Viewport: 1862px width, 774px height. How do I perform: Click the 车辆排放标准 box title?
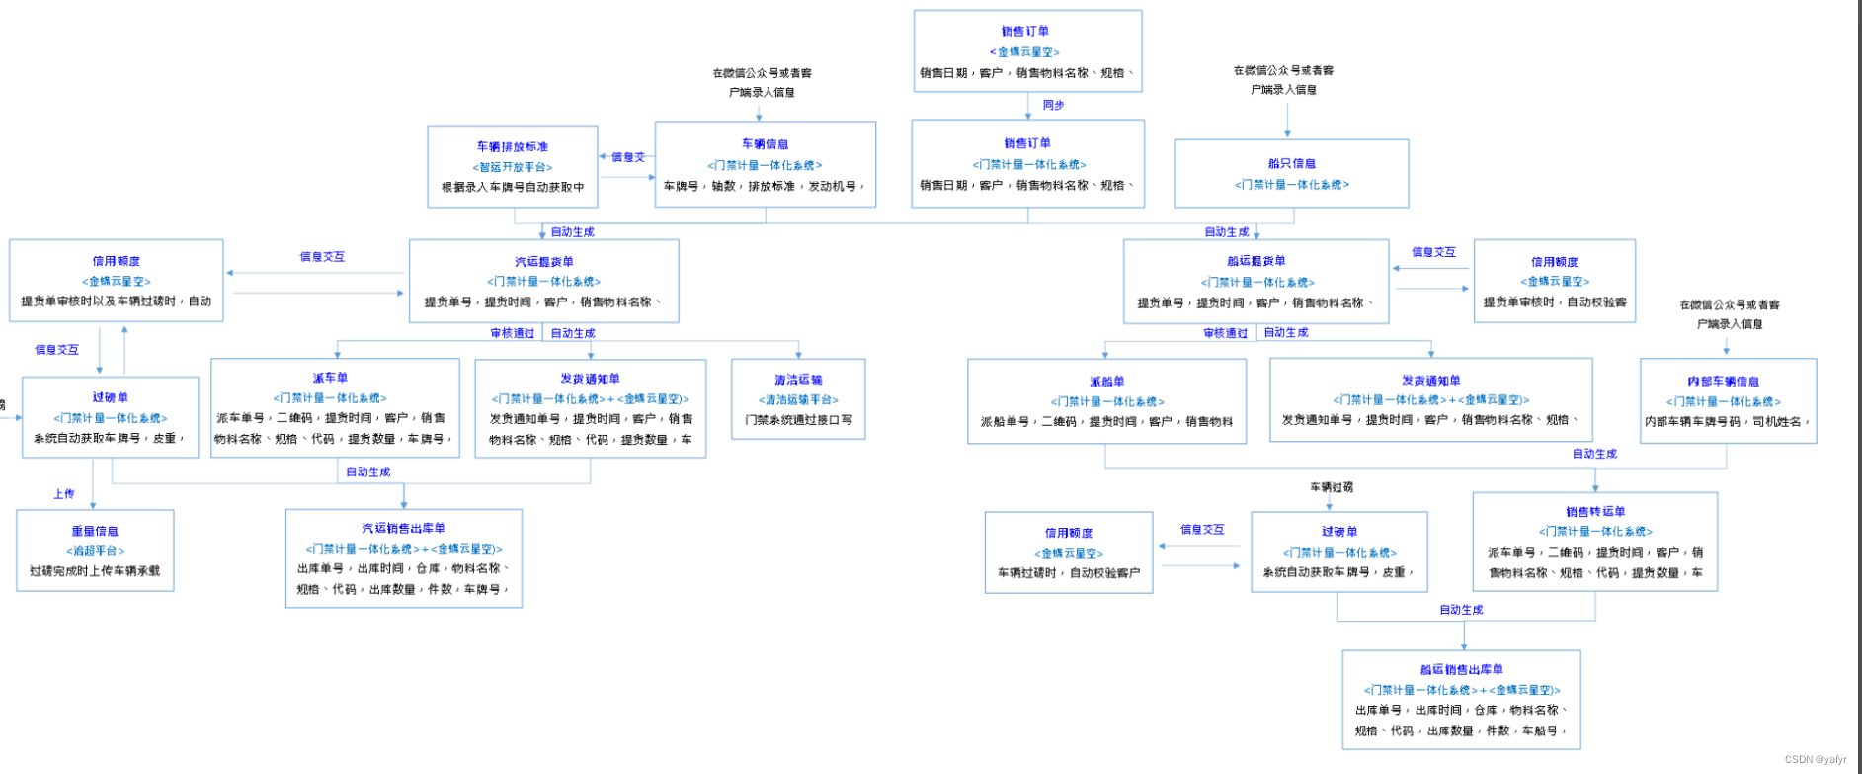tap(512, 146)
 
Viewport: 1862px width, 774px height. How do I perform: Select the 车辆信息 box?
tap(765, 164)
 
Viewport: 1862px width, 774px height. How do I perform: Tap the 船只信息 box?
tap(1291, 173)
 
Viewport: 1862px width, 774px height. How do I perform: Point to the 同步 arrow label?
tap(1053, 105)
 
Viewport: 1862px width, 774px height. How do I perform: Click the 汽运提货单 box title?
tap(543, 262)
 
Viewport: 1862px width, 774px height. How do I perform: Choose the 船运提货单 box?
tap(1255, 282)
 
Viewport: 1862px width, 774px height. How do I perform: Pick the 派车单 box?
tap(335, 407)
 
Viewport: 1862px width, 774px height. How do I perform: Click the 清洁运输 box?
tap(798, 399)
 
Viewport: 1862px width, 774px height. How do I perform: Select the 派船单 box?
tap(1106, 401)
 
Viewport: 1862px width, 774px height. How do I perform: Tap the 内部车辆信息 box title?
tap(1723, 382)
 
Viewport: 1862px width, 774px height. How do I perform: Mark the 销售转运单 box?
tap(1594, 542)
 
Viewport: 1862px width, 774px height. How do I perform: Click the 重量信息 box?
tap(95, 551)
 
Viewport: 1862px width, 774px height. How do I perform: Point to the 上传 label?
tap(64, 494)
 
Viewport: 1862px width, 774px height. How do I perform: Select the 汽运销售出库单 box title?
tap(403, 529)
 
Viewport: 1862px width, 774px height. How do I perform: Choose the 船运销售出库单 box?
tap(1461, 700)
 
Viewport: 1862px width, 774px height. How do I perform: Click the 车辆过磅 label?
tap(1332, 487)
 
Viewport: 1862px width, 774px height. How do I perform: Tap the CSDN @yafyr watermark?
tap(1816, 760)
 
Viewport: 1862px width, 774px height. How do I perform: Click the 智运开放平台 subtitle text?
tap(512, 167)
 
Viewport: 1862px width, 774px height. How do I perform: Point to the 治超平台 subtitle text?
tap(95, 551)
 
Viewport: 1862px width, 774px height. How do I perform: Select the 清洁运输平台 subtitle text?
tap(798, 400)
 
